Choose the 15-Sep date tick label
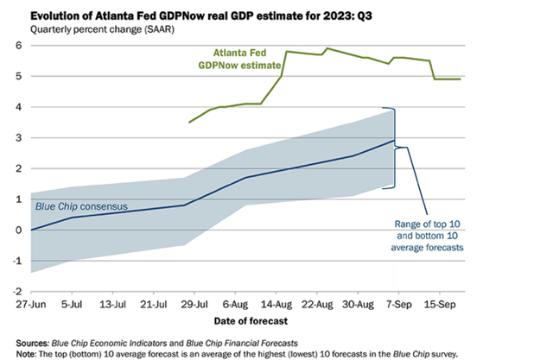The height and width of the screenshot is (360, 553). coord(441,306)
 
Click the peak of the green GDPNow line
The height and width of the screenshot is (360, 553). coord(327,48)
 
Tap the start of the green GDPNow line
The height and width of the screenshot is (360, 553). coord(189,123)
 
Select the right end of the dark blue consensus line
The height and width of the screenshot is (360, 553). coord(395,141)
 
